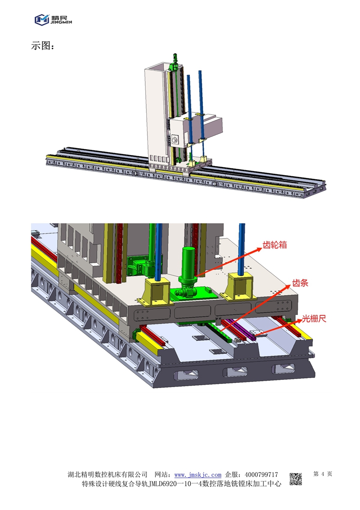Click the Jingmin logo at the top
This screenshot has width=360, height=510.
tap(54, 19)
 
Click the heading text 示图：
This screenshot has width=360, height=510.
tap(43, 46)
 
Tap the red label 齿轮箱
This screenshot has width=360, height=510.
tap(275, 245)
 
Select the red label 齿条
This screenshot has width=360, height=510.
tap(300, 283)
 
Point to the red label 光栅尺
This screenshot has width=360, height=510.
tap(314, 318)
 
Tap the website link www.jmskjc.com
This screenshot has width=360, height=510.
tap(198, 475)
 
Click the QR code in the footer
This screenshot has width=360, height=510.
tap(296, 479)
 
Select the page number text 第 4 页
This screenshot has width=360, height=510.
tap(323, 474)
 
